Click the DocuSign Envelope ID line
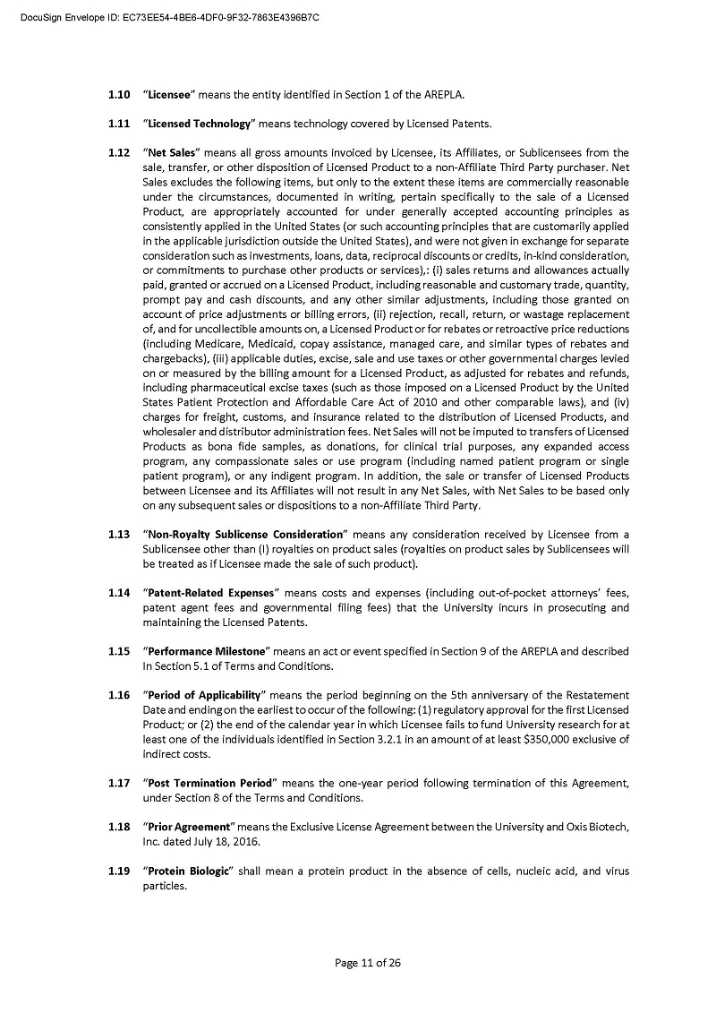point(170,17)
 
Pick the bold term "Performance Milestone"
point(208,651)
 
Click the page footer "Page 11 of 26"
point(367,963)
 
